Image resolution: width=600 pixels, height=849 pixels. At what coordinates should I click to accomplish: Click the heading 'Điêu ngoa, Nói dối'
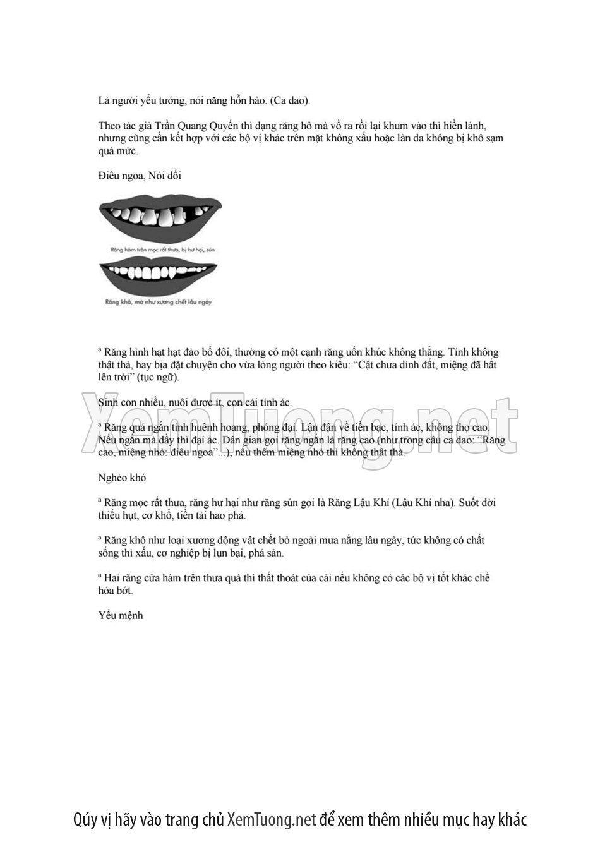140,176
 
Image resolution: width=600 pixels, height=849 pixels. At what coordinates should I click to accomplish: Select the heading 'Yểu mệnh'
121,615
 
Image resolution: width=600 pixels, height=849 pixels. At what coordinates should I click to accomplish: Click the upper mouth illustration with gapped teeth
160,217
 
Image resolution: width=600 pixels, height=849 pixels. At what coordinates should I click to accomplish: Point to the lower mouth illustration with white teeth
160,275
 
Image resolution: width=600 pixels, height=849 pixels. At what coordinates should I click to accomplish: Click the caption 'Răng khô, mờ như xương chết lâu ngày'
159,303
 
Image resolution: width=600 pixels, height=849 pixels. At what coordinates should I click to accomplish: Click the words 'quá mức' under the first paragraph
117,151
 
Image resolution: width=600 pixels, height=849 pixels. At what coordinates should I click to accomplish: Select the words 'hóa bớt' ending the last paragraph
116,591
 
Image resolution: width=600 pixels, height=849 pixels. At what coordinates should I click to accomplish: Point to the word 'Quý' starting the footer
85,820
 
